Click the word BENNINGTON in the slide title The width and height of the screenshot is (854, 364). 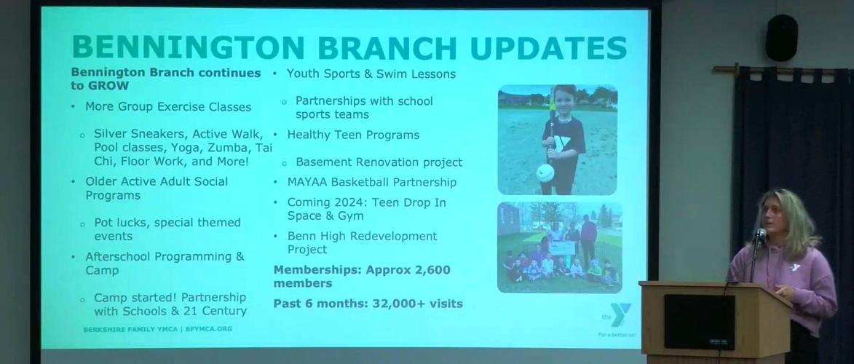coord(188,47)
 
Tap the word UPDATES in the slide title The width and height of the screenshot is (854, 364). coord(547,47)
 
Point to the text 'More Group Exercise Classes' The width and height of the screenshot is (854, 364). coord(168,107)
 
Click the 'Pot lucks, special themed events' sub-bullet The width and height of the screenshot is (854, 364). coord(167,229)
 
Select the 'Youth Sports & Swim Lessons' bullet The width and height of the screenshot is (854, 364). coord(371,74)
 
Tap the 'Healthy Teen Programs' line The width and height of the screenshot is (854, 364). coord(353,135)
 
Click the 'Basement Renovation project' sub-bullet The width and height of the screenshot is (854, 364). coord(379,162)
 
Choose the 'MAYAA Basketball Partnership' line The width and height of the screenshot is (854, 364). coord(371,183)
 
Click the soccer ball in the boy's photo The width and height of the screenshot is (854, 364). coord(546,173)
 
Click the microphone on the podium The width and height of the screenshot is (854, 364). coord(759,235)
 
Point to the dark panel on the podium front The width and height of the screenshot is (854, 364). coord(698,322)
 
